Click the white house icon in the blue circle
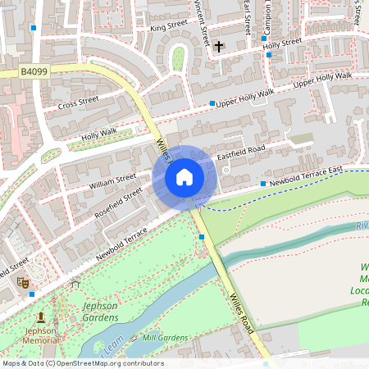184,177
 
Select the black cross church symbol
218,48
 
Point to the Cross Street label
79,103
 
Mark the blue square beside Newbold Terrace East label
263,184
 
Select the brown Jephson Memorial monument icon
41,317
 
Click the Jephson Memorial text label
40,335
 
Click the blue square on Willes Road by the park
202,237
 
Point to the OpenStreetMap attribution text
83,362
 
